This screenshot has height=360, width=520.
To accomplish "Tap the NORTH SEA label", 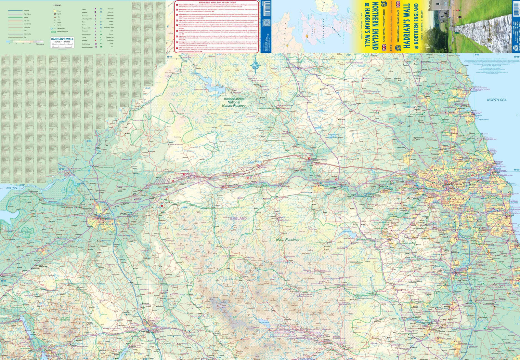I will point(496,100).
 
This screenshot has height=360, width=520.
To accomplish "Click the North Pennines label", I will point(288,240).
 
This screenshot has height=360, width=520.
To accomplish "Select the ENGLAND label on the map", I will point(239,219).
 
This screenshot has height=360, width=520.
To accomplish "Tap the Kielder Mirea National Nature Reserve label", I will point(234,102).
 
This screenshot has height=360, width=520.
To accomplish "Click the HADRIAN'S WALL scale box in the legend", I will point(62,43).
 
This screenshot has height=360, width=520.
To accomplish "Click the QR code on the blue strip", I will point(266,23).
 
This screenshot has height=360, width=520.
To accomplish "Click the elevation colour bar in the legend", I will point(24,42).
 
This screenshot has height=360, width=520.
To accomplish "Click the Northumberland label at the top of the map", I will point(354,62).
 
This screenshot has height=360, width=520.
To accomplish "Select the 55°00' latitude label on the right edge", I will point(517,170).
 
